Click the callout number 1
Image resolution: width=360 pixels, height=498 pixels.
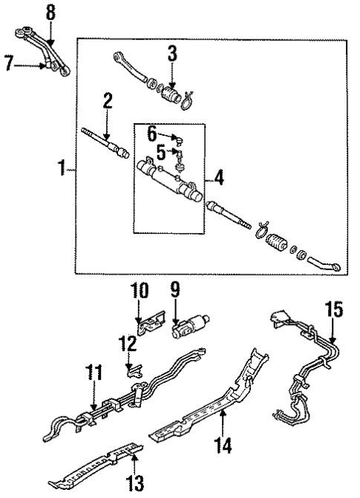coord(62,170)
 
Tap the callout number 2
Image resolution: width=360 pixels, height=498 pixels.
coord(108,102)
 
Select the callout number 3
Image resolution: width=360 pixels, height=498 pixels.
coord(171,53)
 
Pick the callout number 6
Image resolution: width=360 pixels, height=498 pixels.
coord(152,134)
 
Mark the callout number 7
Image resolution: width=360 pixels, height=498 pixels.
coord(10,65)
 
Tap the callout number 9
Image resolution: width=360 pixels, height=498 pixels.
coord(175,292)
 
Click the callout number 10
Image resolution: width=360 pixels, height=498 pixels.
coord(140,290)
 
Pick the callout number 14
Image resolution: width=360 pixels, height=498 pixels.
coord(222,445)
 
